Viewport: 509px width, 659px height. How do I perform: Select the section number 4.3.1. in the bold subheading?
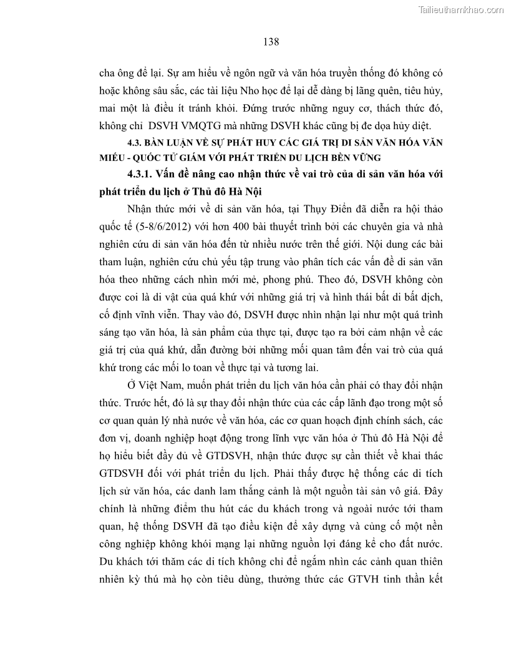coord(145,174)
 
